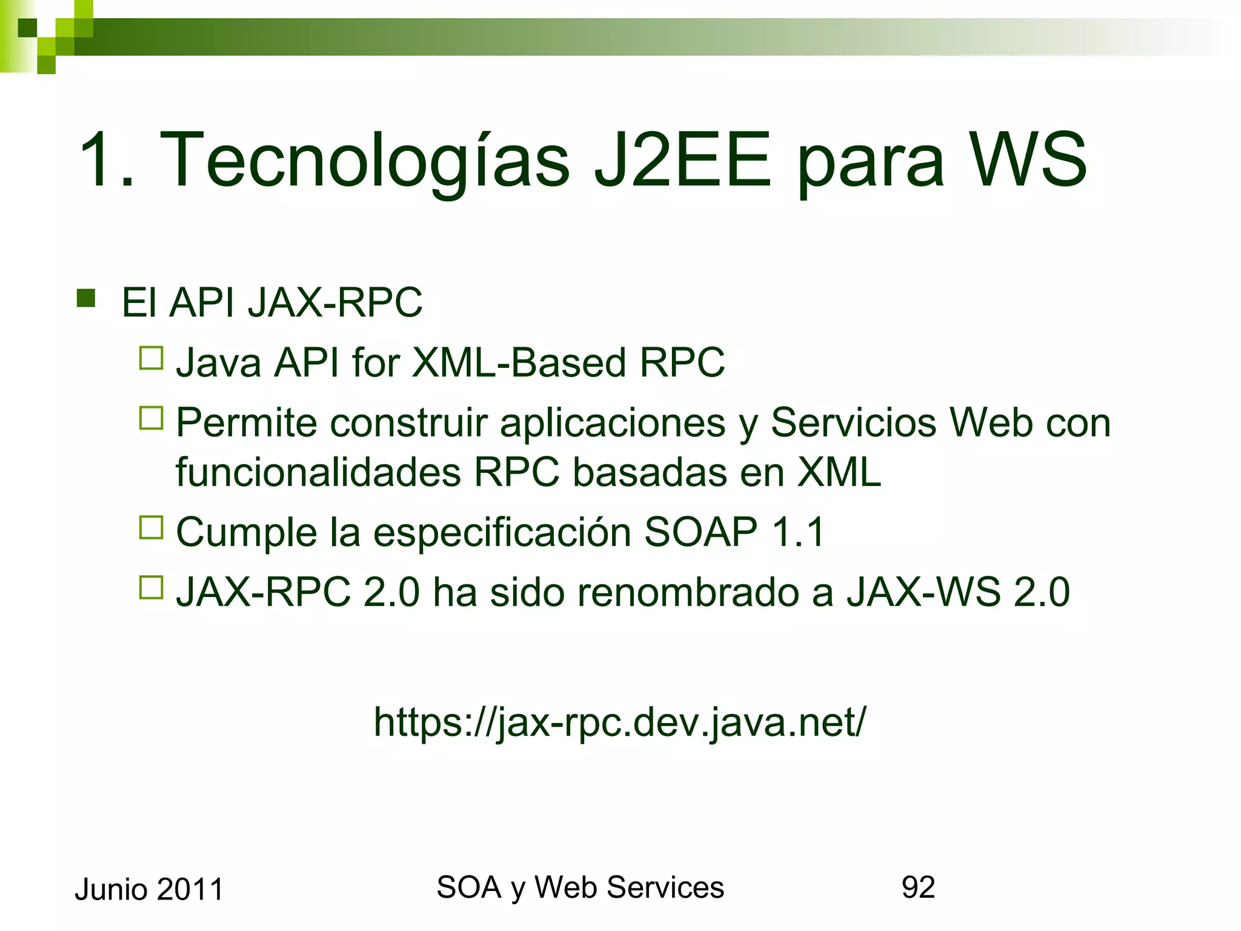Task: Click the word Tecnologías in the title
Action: (364, 161)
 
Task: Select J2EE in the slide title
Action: (682, 161)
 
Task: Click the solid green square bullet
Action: (86, 299)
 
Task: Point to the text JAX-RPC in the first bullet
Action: (334, 302)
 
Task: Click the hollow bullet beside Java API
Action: (151, 358)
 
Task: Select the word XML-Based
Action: (519, 362)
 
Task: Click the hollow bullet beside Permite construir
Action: (151, 418)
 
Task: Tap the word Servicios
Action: (853, 422)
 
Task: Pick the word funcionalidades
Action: (318, 472)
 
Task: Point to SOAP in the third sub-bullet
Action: (700, 532)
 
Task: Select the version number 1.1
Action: (798, 532)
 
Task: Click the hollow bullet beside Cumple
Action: (151, 528)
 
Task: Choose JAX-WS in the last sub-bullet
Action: (923, 592)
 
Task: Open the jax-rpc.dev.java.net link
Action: (620, 722)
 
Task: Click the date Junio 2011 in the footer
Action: (149, 890)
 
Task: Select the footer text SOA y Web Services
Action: (580, 887)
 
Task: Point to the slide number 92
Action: (918, 887)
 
